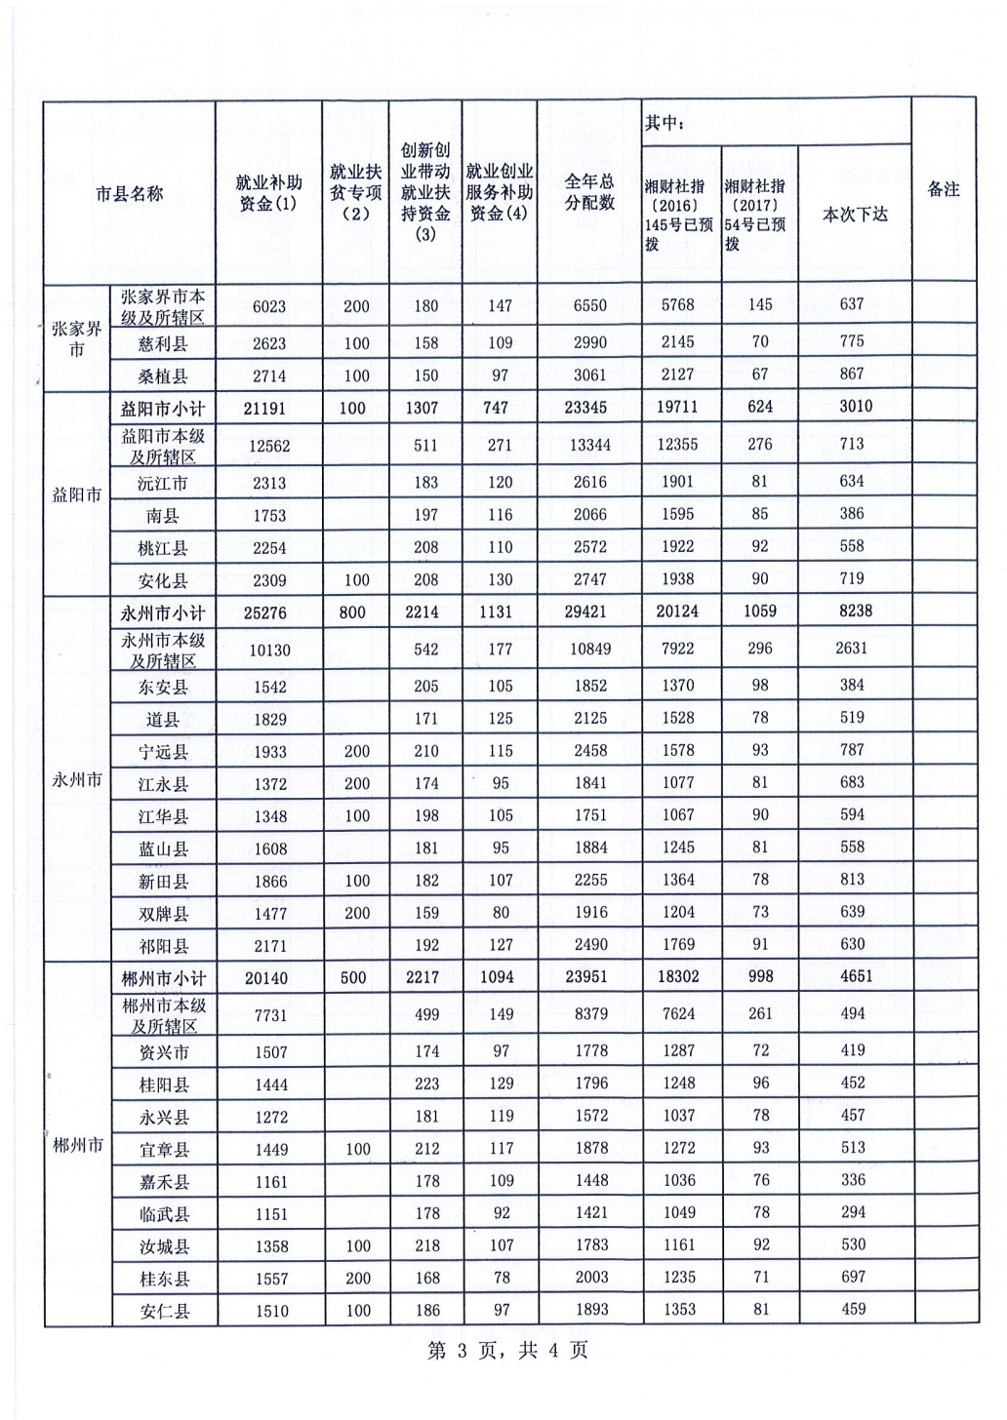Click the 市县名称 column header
(129, 194)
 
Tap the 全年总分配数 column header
(589, 192)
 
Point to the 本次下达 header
(855, 215)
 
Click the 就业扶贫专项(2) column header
(355, 192)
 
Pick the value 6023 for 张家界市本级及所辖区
(269, 306)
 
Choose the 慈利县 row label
(163, 343)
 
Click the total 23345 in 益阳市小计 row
(585, 408)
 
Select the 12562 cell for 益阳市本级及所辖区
(269, 446)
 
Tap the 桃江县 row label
(163, 548)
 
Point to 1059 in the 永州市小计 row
(760, 611)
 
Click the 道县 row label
(163, 720)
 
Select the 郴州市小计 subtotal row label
(163, 977)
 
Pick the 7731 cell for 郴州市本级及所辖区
(270, 1015)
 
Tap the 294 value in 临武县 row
(853, 1212)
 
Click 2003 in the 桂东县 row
(591, 1277)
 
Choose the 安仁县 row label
(163, 1311)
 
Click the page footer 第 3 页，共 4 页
(507, 1351)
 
